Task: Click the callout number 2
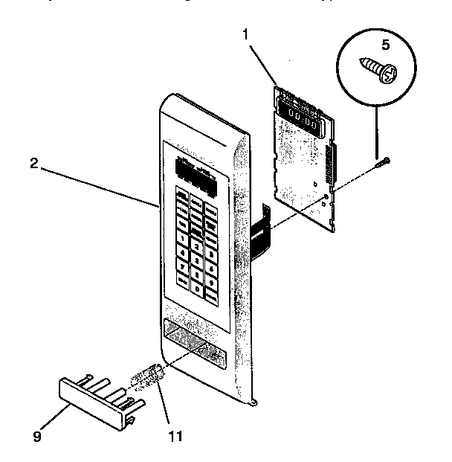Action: click(34, 164)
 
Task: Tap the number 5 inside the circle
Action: click(385, 45)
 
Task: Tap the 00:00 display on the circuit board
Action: click(303, 118)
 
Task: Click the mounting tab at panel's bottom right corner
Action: click(255, 402)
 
